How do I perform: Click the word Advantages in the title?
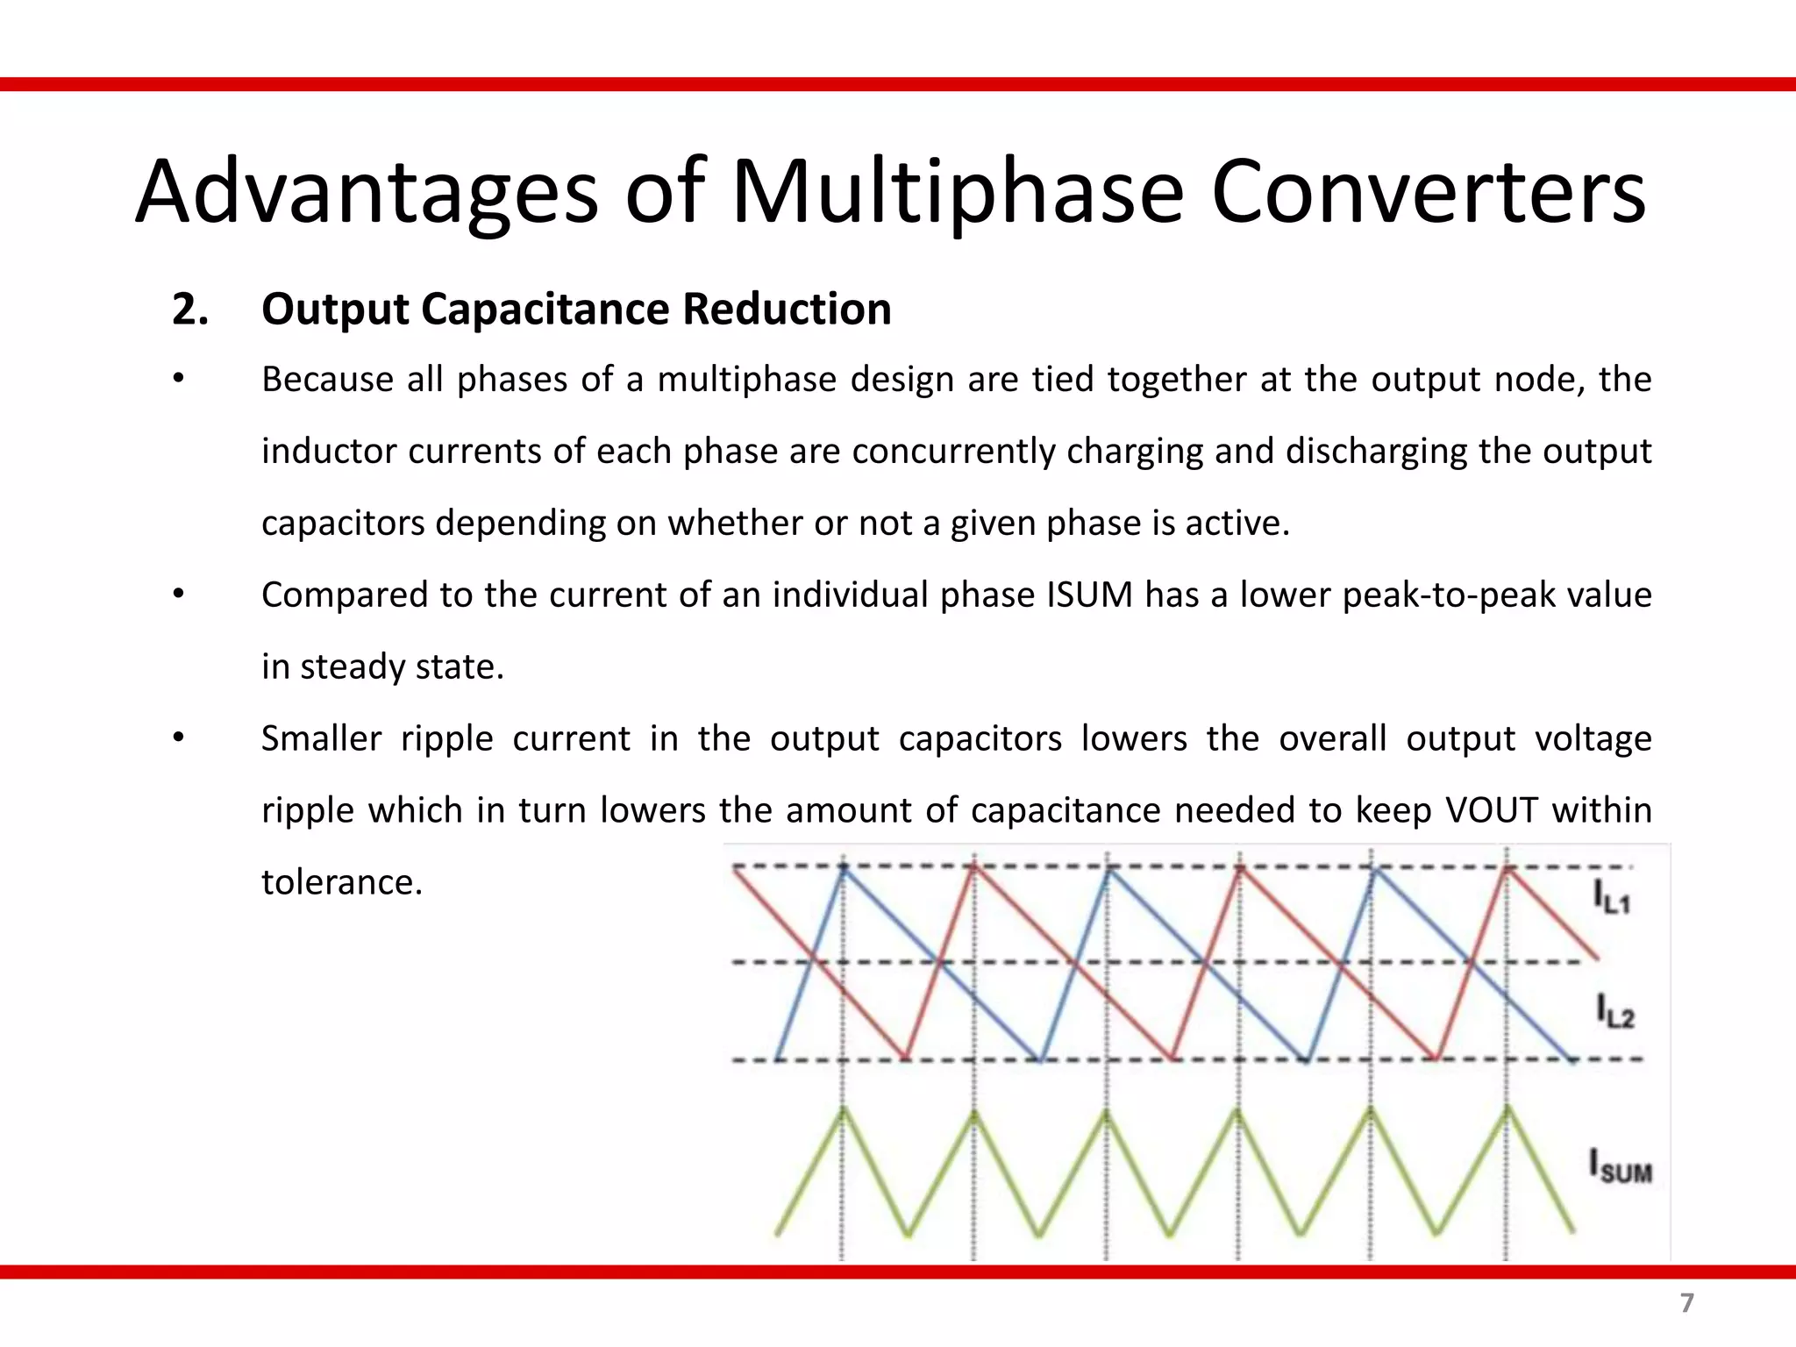coord(367,192)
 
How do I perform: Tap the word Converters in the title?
coord(1429,192)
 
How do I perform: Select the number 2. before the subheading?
coord(190,310)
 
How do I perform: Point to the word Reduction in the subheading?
coord(787,310)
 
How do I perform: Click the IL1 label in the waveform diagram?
coord(1611,897)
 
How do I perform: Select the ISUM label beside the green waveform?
coord(1620,1167)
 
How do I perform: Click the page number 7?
coord(1686,1303)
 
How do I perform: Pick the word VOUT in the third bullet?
coord(1491,810)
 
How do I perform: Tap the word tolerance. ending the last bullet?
coord(342,882)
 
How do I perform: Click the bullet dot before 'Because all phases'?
coord(178,379)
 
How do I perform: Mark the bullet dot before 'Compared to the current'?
coord(178,595)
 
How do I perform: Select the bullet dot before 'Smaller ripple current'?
coord(178,738)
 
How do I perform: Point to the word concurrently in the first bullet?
coord(953,452)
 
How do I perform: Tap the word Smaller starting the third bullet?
coord(321,738)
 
